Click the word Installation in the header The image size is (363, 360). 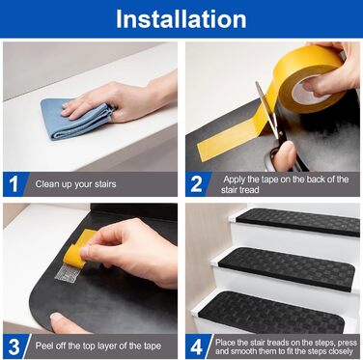point(181,19)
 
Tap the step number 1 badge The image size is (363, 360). point(14,184)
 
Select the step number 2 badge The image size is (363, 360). point(197,184)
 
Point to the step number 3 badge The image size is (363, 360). point(14,346)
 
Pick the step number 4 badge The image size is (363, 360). point(197,346)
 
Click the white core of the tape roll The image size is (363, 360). point(306,90)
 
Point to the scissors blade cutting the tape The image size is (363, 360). point(266,109)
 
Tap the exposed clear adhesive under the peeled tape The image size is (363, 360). point(68,273)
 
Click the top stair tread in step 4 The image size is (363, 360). point(298,222)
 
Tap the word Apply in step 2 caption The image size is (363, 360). point(235,180)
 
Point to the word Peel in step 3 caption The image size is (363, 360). point(43,346)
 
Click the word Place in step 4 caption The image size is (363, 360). point(225,343)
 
